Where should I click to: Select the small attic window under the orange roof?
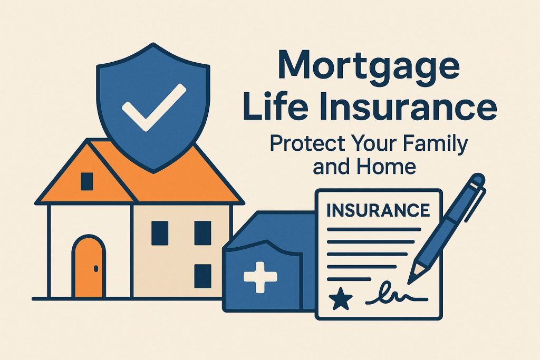[86, 181]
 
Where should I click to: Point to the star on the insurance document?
[340, 300]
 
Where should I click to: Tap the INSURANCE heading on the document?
[378, 210]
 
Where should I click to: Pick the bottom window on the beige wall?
[202, 276]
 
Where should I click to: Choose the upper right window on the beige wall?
[202, 232]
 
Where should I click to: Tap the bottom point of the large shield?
[152, 170]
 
